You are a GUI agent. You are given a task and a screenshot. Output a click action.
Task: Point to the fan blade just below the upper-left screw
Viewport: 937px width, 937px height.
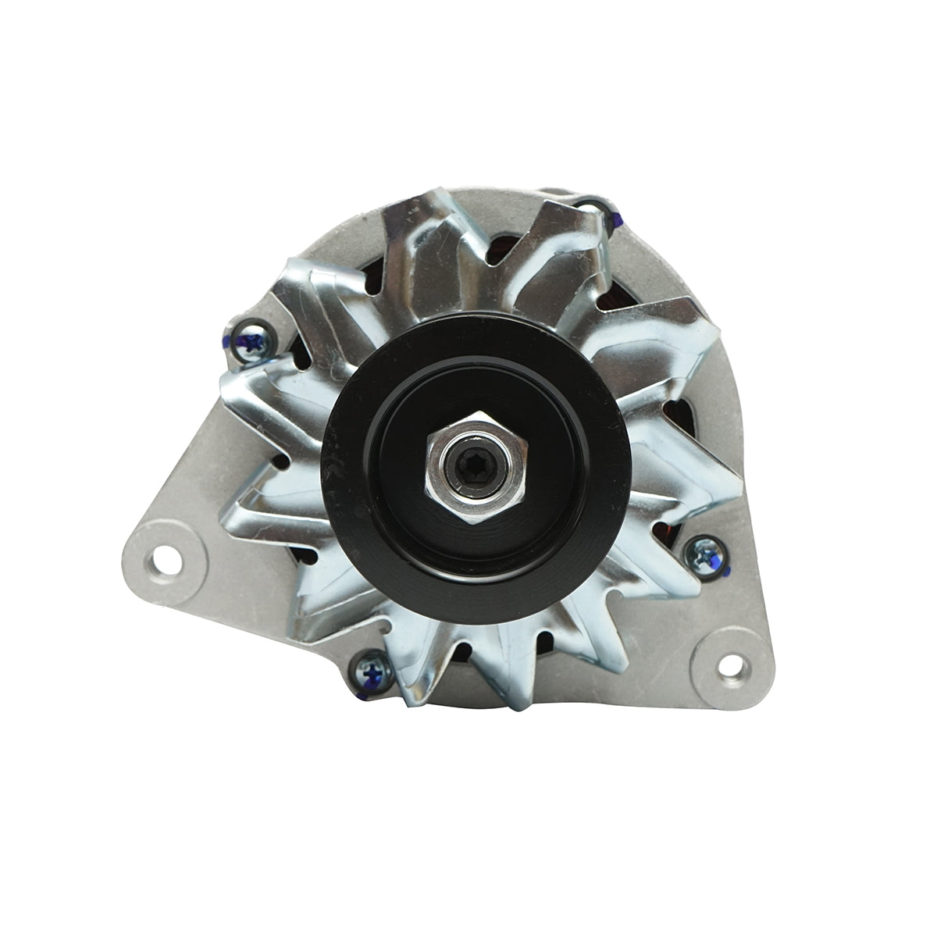click(x=258, y=390)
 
